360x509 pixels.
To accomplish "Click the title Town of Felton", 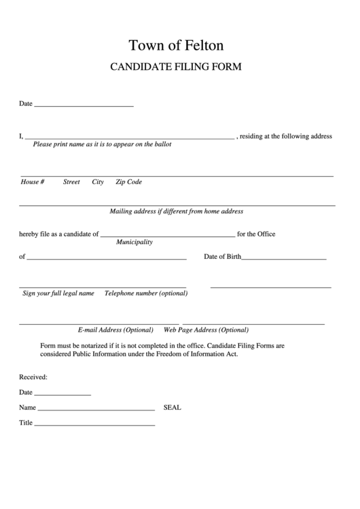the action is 176,46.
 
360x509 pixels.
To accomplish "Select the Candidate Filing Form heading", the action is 176,67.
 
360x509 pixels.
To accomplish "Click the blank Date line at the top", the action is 83,106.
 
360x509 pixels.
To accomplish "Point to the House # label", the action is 33,182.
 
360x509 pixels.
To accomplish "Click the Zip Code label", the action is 128,182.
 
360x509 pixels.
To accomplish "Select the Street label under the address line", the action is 71,182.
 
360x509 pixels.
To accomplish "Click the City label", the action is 98,182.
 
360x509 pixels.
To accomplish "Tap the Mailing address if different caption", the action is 176,211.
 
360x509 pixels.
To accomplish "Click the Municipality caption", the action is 134,242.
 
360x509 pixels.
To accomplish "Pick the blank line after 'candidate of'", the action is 167,235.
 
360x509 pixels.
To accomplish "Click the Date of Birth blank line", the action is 284,259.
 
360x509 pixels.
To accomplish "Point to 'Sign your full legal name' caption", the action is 58,294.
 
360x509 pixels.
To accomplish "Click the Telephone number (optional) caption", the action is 145,294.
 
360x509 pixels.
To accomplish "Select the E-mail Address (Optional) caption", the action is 115,330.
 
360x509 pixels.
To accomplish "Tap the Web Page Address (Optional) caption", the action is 206,330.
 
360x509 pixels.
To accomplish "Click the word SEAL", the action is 173,408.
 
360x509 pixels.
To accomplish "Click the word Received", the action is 33,377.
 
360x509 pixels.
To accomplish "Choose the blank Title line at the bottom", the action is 94,425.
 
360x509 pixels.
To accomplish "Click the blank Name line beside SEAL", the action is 96,410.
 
